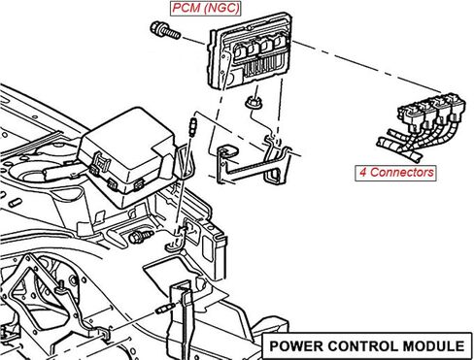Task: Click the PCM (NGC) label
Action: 206,8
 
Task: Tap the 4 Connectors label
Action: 395,173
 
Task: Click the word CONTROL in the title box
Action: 362,346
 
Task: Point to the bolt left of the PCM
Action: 165,30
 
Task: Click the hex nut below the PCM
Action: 253,103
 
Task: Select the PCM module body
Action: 250,50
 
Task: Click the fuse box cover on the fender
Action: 128,148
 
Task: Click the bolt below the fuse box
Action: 141,237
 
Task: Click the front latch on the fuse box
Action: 100,162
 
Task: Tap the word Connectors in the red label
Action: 402,173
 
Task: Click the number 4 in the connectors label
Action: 362,173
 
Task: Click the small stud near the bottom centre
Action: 166,309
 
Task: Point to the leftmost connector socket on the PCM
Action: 240,51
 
